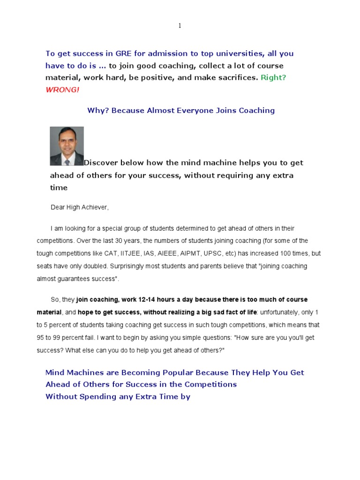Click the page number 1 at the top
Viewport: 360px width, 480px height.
tap(180, 26)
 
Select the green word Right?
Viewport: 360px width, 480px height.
tap(273, 77)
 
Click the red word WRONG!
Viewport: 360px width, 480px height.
tap(62, 90)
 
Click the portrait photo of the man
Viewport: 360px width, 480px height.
tap(67, 146)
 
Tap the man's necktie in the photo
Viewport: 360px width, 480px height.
tap(67, 161)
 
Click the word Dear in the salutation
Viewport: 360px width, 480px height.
tap(58, 207)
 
